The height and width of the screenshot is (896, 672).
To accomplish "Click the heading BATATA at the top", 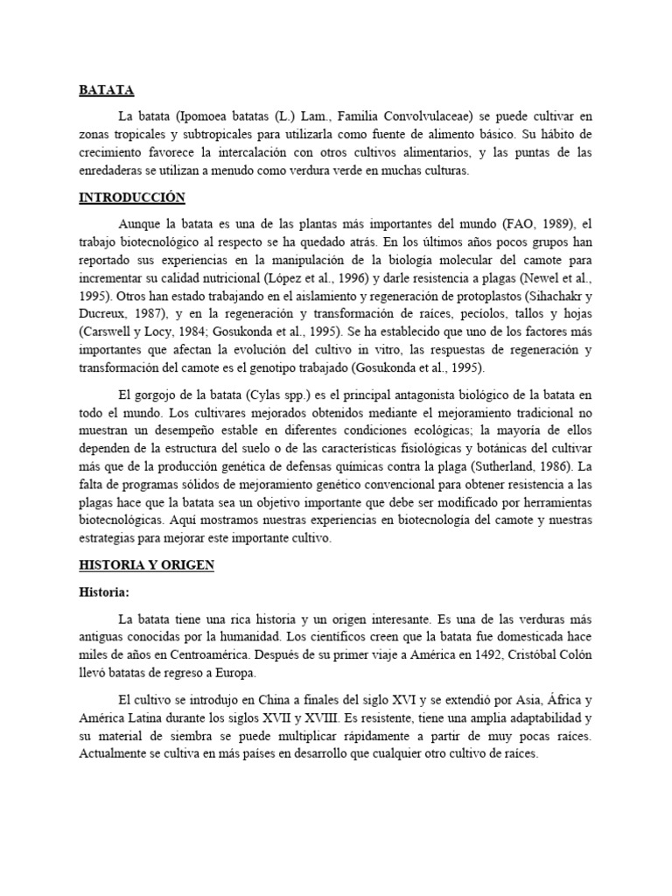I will point(106,89).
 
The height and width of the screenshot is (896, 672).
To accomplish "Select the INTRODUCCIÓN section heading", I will point(131,199).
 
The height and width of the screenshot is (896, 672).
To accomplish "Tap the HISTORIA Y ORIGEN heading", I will point(146,565).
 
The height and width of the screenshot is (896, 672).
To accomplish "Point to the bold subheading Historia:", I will point(104,593).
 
